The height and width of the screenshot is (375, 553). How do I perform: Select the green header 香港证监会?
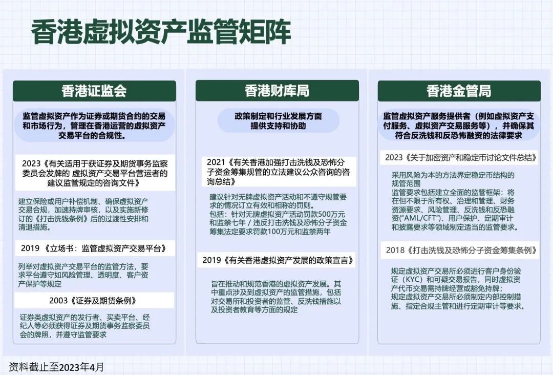click(x=94, y=91)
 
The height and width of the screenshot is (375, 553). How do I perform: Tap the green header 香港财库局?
click(x=276, y=91)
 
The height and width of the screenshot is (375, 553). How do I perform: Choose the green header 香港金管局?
click(x=459, y=91)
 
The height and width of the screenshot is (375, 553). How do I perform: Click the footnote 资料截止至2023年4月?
click(x=56, y=367)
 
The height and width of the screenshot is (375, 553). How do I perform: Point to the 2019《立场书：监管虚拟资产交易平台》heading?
click(x=94, y=248)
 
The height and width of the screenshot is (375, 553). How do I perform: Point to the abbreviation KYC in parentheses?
click(x=412, y=280)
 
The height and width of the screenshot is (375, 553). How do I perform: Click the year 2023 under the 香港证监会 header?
click(x=31, y=163)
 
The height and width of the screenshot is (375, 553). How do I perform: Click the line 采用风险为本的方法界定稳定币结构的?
click(x=453, y=175)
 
